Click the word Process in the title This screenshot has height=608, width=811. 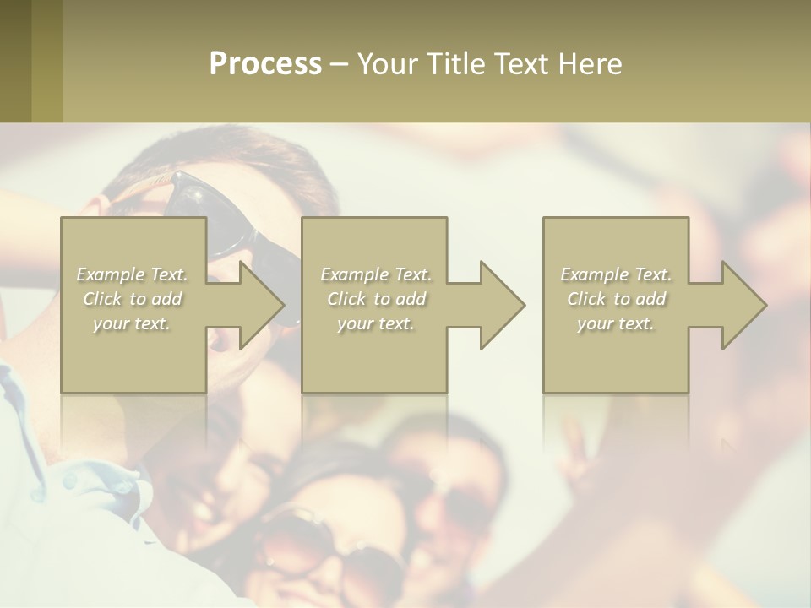[x=265, y=64]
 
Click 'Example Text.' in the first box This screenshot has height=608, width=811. [x=133, y=274]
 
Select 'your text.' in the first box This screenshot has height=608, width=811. [x=133, y=323]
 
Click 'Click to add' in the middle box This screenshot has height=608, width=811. [x=376, y=299]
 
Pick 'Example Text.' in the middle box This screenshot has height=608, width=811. [x=376, y=274]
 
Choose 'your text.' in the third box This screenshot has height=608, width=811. [x=616, y=323]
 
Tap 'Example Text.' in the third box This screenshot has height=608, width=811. [x=616, y=274]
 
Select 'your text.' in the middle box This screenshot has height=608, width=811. [x=376, y=323]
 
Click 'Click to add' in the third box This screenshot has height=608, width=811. [x=616, y=299]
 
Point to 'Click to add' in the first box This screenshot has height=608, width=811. [x=133, y=299]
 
